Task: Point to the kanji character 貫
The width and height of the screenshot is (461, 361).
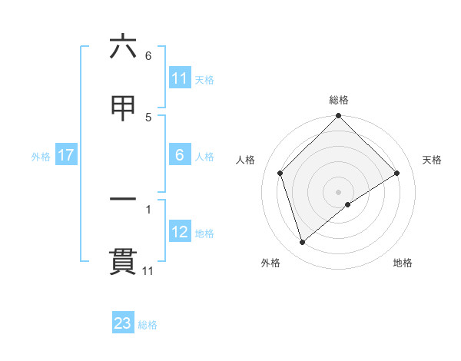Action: [123, 261]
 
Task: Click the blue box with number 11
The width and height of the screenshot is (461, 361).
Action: [179, 78]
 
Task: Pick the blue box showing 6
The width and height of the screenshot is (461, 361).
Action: [179, 155]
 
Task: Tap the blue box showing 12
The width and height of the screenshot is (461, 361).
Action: [179, 232]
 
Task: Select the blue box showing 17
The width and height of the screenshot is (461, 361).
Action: [66, 155]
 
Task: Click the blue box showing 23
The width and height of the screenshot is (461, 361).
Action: [123, 323]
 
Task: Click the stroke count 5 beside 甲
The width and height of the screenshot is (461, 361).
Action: [148, 118]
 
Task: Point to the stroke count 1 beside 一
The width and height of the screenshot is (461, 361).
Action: [148, 208]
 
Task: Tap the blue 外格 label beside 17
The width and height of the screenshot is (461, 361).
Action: [41, 156]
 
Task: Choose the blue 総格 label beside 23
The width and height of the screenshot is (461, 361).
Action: [148, 324]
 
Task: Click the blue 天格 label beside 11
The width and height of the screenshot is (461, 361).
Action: [204, 79]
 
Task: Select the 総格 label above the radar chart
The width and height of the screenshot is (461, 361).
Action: [339, 100]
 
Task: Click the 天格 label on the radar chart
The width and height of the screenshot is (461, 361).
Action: [433, 160]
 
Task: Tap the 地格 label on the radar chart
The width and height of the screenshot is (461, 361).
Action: [403, 263]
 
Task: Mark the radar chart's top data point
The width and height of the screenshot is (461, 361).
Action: [339, 117]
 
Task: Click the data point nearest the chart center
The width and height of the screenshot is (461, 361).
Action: [348, 204]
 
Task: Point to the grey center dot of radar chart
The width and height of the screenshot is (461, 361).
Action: [339, 191]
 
